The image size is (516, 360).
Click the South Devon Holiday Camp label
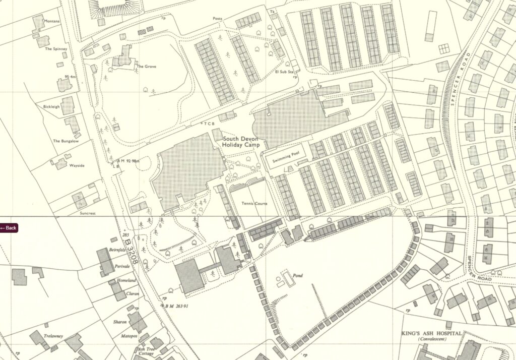point(240,142)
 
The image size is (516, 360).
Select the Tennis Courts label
point(254,204)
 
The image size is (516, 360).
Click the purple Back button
point(9,228)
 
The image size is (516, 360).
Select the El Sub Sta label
point(284,72)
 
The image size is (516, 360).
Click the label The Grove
point(146,67)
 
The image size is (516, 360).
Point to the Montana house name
point(52,21)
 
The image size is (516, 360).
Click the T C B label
point(209,123)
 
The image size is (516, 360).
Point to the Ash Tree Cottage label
point(148,351)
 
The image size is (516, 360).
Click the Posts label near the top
point(217,19)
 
